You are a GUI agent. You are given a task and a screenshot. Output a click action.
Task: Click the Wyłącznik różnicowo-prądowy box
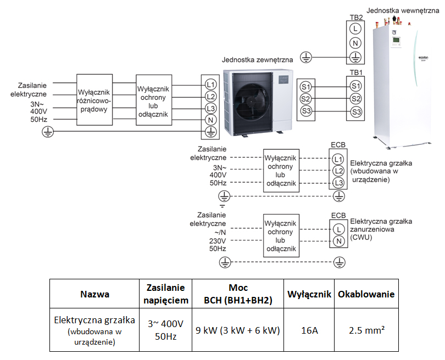pyautogui.click(x=94, y=100)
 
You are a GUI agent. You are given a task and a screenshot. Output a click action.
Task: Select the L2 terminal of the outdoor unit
pyautogui.click(x=210, y=97)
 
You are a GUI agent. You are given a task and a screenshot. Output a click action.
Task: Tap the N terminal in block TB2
pyautogui.click(x=355, y=43)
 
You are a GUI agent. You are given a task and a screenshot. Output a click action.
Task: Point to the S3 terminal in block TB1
pyautogui.click(x=356, y=112)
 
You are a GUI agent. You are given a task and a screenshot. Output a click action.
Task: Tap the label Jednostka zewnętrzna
pyautogui.click(x=258, y=60)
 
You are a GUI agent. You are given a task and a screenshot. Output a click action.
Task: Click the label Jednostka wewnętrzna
pyautogui.click(x=403, y=11)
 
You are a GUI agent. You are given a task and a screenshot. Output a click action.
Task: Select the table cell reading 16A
pyautogui.click(x=309, y=330)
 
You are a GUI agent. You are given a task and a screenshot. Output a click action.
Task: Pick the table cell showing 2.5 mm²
pyautogui.click(x=366, y=330)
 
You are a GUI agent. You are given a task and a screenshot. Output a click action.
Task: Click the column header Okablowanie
pyautogui.click(x=366, y=294)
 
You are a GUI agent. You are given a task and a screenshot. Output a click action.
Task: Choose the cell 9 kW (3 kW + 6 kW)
pyautogui.click(x=238, y=330)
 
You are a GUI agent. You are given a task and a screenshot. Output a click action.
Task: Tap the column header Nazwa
pyautogui.click(x=94, y=294)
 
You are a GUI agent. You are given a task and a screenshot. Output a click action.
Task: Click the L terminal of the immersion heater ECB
pyautogui.click(x=338, y=229)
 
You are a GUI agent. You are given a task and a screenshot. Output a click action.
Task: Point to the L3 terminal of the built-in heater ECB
pyautogui.click(x=338, y=183)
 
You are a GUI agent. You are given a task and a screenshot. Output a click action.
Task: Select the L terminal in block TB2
pyautogui.click(x=355, y=29)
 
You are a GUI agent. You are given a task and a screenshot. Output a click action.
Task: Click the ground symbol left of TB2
pyautogui.click(x=306, y=58)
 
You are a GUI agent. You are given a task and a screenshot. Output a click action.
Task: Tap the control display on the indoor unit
pyautogui.click(x=396, y=40)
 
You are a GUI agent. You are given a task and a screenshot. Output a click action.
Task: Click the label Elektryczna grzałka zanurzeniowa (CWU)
pyautogui.click(x=381, y=229)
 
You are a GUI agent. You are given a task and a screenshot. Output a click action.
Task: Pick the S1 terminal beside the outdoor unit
pyautogui.click(x=305, y=87)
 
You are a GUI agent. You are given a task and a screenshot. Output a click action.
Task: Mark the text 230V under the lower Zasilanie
pyautogui.click(x=218, y=241)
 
